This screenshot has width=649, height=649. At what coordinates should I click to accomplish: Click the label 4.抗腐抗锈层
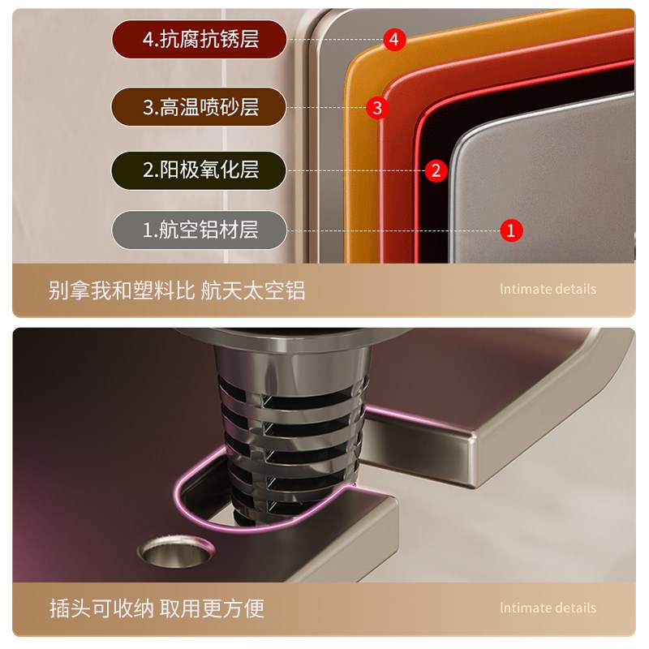tap(200, 39)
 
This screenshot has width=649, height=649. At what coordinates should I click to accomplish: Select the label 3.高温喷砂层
tap(200, 106)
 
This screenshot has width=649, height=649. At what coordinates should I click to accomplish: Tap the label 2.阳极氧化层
tap(200, 170)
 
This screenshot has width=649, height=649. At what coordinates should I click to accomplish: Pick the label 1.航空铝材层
tap(200, 230)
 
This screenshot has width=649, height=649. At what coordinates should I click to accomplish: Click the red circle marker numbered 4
tap(394, 39)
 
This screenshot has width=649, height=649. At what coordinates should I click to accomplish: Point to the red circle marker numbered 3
tap(376, 107)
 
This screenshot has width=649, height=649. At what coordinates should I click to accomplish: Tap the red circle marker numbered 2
tap(436, 170)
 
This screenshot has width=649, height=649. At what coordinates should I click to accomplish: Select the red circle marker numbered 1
tap(510, 230)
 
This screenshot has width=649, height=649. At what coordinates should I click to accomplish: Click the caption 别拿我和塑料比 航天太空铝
tap(177, 290)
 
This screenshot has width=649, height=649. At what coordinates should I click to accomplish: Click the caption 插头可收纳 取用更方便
tap(157, 608)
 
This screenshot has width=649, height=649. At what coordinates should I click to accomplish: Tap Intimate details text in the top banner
tap(548, 290)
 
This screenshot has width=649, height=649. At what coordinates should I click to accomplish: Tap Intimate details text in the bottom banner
tap(548, 608)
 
